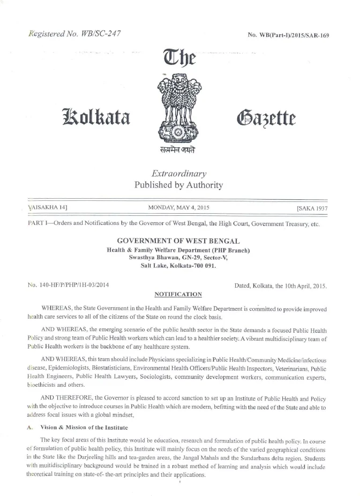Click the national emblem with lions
[176, 108]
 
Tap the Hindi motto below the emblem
[176, 150]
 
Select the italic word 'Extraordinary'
[179, 173]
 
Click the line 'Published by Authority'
[179, 185]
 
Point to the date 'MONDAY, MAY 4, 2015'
[179, 207]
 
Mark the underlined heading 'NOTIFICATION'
[178, 294]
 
